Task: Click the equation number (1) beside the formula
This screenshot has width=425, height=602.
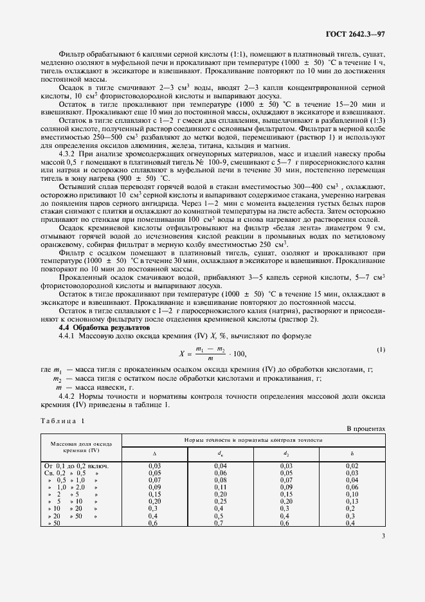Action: tap(381, 349)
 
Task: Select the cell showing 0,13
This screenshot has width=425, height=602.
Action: tap(351, 500)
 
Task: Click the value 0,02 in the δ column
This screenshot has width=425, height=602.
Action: tap(351, 465)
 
